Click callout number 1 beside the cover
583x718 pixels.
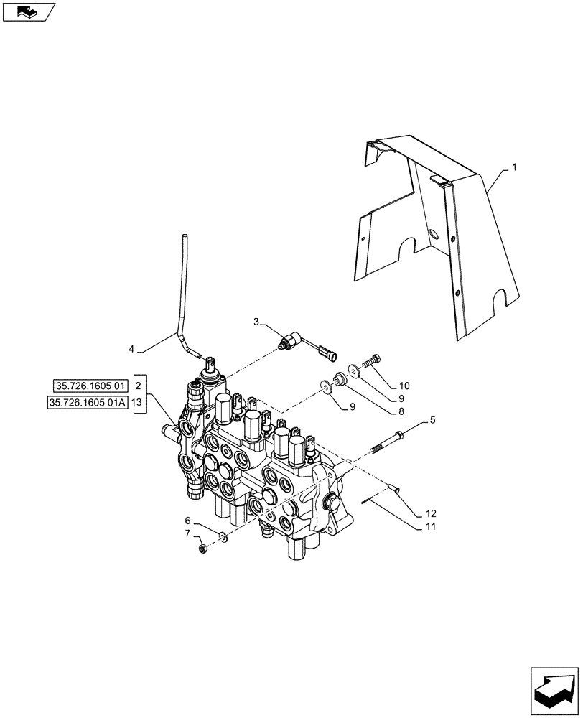tap(514, 167)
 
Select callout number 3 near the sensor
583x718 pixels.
tap(257, 322)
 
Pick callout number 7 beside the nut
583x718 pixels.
tap(187, 533)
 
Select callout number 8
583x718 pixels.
tap(401, 412)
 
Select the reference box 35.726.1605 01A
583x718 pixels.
tap(88, 402)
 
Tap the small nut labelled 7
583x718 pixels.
tap(203, 549)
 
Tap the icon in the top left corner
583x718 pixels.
tap(28, 11)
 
